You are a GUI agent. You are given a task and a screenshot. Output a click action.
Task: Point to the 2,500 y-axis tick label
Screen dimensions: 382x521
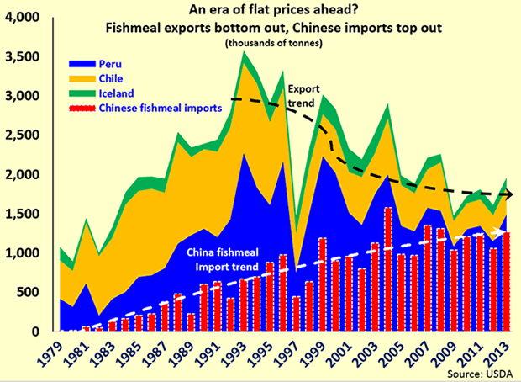24,135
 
